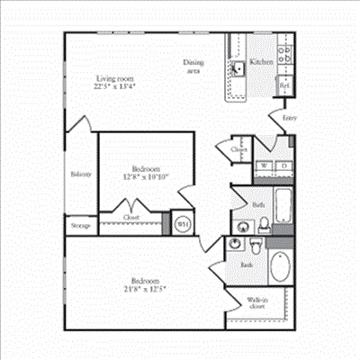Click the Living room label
[115, 78]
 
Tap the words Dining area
[193, 66]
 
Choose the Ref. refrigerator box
[283, 87]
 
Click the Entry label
[288, 117]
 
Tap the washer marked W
[263, 166]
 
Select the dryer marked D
[282, 166]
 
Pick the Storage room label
[79, 225]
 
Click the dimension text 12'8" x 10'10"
[145, 177]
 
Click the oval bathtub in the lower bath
[280, 268]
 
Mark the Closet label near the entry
[238, 149]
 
